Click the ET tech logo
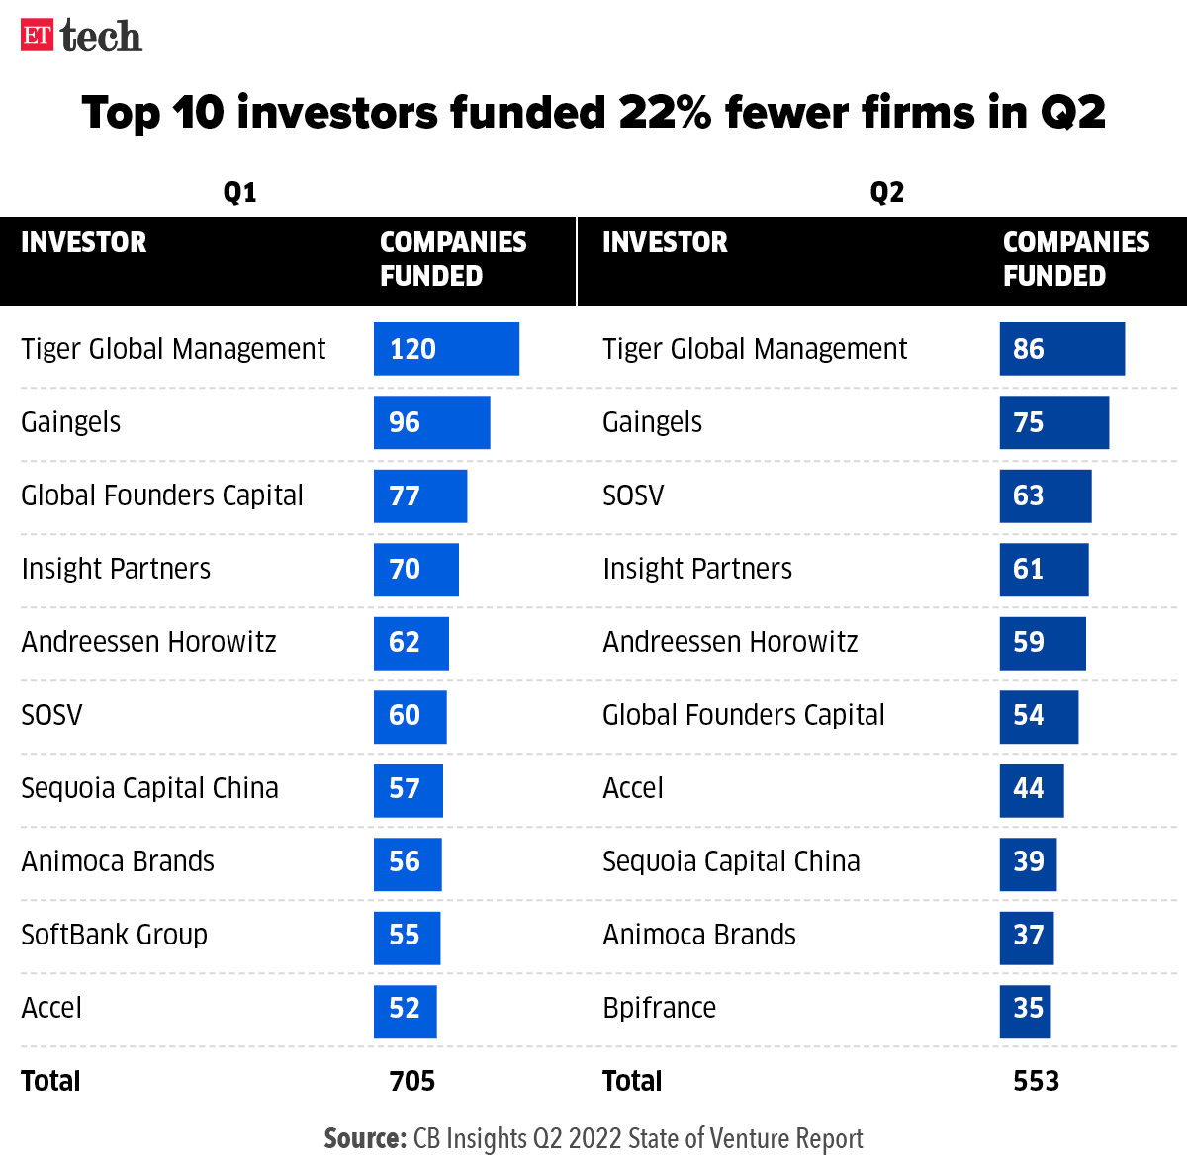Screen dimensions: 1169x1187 (x=81, y=37)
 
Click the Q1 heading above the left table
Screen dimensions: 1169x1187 (x=239, y=192)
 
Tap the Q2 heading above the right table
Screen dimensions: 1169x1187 (x=886, y=192)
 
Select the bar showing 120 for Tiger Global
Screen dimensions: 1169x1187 (x=446, y=349)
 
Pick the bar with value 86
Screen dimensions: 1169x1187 (x=1061, y=349)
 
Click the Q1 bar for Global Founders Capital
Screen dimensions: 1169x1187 (x=419, y=495)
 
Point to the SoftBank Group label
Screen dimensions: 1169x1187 (x=114, y=935)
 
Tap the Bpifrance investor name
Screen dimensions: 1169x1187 (x=659, y=1008)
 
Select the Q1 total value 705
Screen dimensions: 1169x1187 (x=412, y=1081)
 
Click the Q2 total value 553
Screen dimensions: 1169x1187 (x=1036, y=1081)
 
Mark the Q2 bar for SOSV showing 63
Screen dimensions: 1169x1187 (x=1045, y=495)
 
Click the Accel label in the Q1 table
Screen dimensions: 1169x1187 (x=51, y=1008)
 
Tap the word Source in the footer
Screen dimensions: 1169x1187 (x=364, y=1139)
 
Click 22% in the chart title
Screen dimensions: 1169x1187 (x=665, y=113)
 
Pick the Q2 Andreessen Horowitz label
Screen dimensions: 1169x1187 (x=730, y=642)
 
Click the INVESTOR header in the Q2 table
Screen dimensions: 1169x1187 (x=665, y=242)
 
